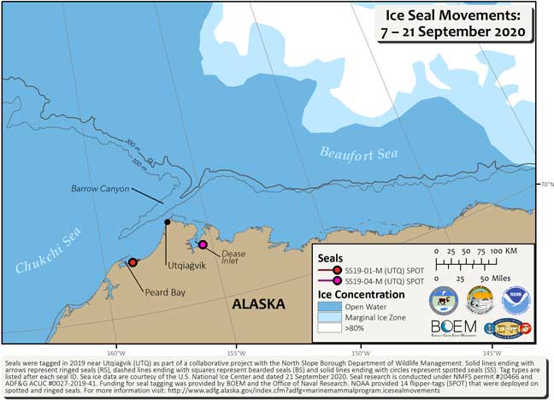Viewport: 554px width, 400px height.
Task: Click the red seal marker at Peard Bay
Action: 133,262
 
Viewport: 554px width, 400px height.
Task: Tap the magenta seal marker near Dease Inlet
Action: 203,245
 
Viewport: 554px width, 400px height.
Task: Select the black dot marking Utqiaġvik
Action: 168,222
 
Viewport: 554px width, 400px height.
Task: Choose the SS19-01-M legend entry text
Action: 386,270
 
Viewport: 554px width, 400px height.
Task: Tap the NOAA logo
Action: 516,299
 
